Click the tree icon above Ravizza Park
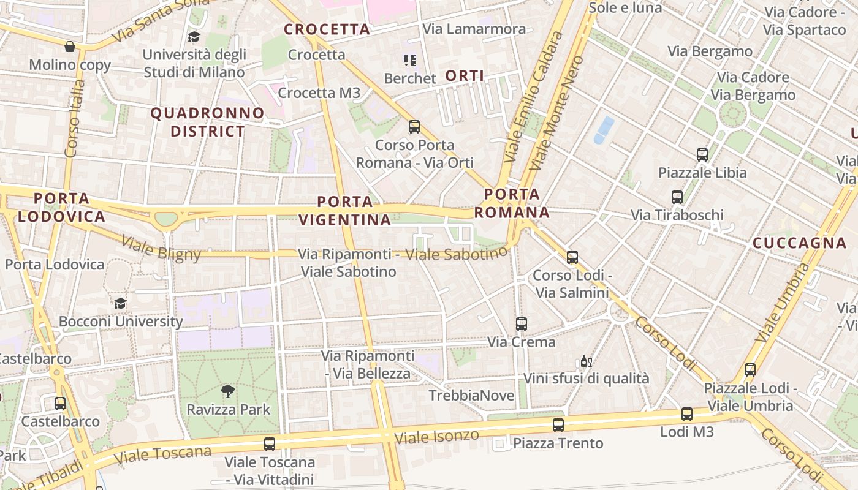coord(228,391)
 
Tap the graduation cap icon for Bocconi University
coord(121,303)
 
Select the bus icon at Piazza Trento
coord(558,424)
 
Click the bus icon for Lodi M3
coord(687,414)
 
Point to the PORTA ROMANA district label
coord(512,203)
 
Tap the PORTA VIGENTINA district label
coord(345,211)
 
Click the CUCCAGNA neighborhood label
coord(799,243)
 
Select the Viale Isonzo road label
coord(436,437)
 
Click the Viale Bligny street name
coord(161,247)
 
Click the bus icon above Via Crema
coord(522,323)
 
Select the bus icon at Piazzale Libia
coord(702,154)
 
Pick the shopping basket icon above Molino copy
coord(70,47)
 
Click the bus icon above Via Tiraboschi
coord(677,197)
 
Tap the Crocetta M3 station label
coord(319,92)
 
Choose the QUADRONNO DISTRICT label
coord(207,122)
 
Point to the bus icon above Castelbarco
coord(60,403)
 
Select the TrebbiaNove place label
coord(471,396)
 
